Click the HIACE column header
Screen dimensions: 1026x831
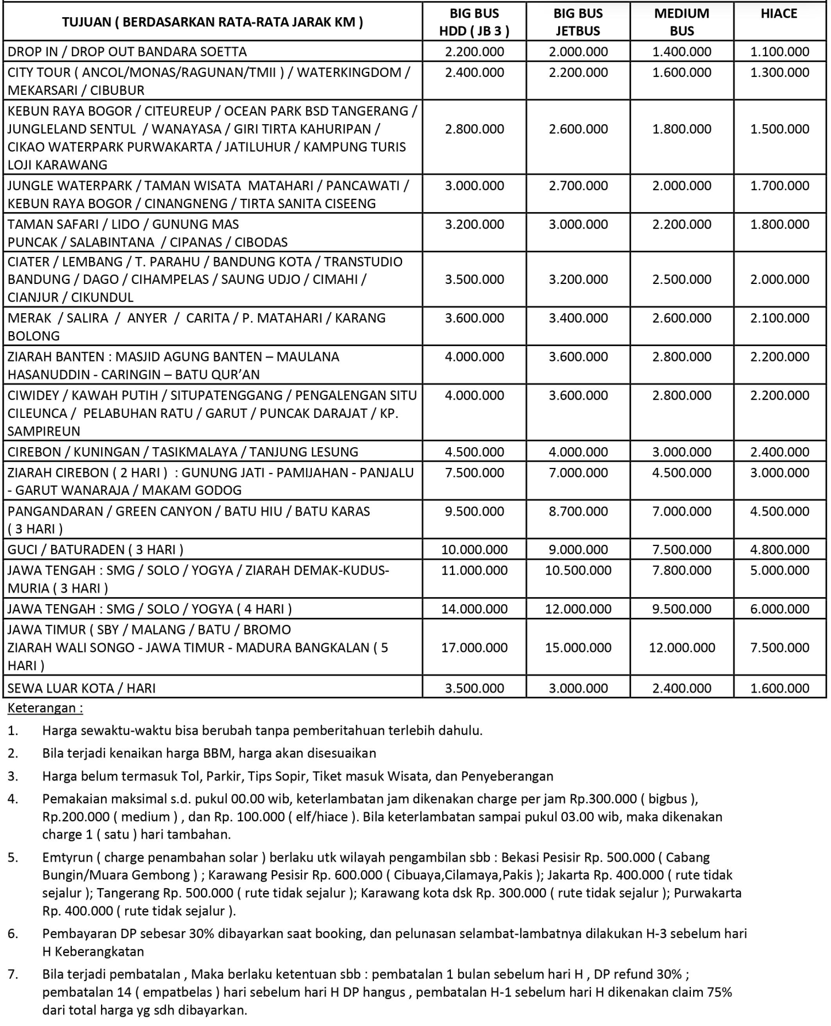click(x=779, y=14)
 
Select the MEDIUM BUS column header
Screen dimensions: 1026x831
click(x=682, y=22)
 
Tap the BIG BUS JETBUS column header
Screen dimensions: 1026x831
click(x=578, y=22)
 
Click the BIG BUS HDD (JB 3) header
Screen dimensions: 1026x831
click(x=474, y=22)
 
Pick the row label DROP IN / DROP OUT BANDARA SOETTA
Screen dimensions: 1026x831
click(x=127, y=52)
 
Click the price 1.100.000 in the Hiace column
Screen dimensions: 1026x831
click(x=779, y=52)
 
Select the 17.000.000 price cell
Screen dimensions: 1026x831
click(x=474, y=648)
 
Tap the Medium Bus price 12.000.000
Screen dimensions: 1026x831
click(x=682, y=648)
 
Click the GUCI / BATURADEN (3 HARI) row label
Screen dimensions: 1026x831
click(x=95, y=549)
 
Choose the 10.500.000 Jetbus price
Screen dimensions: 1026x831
click(x=578, y=570)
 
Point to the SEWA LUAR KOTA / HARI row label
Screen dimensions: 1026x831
click(x=82, y=688)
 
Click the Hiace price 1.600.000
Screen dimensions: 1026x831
click(x=779, y=688)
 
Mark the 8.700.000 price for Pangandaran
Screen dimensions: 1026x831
click(x=578, y=511)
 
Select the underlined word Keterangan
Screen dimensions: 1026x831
click(x=45, y=708)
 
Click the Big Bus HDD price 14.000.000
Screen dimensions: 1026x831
click(x=474, y=609)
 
